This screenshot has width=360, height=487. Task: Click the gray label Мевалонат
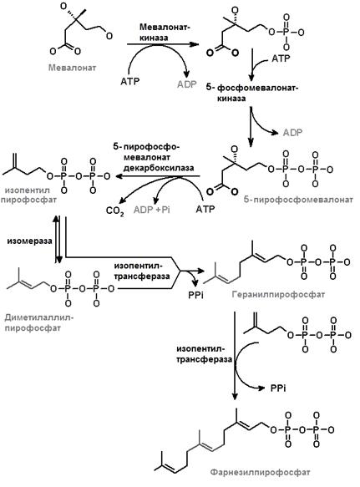tap(72, 68)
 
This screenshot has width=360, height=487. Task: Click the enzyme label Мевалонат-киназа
tap(165, 32)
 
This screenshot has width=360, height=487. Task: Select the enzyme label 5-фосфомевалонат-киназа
tap(251, 93)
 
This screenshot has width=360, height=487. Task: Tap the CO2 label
tap(115, 211)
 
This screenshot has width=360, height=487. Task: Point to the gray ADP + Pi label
tap(151, 210)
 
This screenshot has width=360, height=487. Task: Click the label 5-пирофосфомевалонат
tap(298, 200)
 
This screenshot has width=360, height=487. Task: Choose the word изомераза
tap(29, 241)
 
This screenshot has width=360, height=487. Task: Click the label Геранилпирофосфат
tap(278, 294)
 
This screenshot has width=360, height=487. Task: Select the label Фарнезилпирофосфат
tap(260, 473)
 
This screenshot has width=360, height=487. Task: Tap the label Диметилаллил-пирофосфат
tap(39, 322)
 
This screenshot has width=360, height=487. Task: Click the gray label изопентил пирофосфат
tap(28, 195)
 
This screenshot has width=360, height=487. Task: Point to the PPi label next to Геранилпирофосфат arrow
tap(195, 294)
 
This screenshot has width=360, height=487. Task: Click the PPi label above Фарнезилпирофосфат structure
tap(278, 388)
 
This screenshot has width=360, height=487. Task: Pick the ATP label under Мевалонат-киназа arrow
tap(129, 81)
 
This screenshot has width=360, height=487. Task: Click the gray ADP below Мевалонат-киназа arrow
tap(186, 84)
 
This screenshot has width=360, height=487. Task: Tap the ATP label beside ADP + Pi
tap(205, 209)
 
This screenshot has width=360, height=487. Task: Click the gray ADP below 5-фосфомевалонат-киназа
tap(292, 133)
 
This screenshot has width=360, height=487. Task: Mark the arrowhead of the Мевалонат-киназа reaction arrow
tap(195, 44)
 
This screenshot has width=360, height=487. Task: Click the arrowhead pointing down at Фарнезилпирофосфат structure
tap(236, 397)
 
